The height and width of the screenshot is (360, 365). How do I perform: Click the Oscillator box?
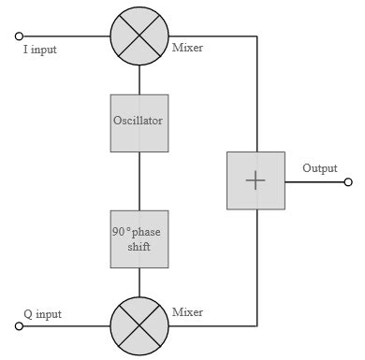tap(139, 122)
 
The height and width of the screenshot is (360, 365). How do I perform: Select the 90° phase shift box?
tap(139, 238)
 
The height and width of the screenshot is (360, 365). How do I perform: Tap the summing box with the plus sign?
tap(255, 180)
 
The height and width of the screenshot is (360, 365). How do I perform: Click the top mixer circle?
tap(139, 36)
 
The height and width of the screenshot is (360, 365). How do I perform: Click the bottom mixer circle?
tap(139, 325)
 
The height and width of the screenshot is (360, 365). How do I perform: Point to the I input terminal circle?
tap(19, 36)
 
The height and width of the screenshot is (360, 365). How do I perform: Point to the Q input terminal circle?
tap(19, 325)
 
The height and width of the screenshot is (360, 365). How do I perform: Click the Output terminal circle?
tap(348, 180)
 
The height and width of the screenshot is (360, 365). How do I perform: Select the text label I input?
tap(40, 50)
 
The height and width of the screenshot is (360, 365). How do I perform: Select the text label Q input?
tap(42, 314)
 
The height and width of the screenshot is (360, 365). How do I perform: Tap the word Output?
tap(320, 168)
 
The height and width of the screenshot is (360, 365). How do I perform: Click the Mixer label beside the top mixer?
tap(188, 47)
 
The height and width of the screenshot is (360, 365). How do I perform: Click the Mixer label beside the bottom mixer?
tap(188, 311)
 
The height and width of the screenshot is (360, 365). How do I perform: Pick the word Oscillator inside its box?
tap(139, 121)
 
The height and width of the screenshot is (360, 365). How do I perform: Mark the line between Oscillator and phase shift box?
tap(139, 180)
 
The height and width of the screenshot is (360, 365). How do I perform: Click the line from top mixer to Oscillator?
tap(139, 79)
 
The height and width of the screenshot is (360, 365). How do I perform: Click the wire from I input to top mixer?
tap(66, 36)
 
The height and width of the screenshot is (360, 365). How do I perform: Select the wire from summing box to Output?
tap(314, 180)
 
